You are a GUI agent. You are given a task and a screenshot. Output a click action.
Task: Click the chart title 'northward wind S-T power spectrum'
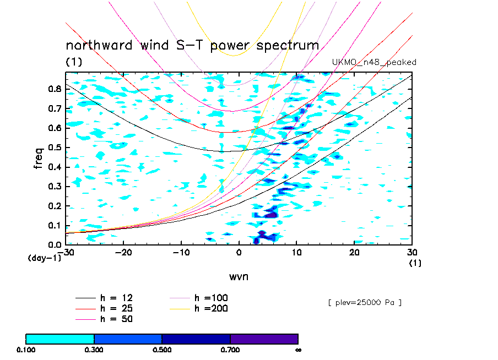(x=192, y=46)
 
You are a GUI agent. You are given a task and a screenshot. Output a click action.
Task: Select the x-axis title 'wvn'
(x=239, y=276)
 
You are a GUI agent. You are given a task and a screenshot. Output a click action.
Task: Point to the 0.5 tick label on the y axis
(x=55, y=148)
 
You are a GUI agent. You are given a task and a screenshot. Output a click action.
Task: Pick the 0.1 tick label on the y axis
(x=55, y=225)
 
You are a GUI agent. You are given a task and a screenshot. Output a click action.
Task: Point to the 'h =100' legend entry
(x=212, y=298)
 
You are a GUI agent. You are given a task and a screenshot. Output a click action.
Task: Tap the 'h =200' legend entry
(x=212, y=308)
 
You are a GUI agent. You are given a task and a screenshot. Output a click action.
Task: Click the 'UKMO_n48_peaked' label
(x=373, y=62)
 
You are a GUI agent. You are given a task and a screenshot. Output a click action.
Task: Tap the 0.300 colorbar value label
(x=94, y=350)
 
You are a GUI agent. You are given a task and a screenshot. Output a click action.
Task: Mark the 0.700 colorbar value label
(x=230, y=350)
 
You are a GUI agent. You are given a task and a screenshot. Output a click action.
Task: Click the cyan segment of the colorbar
(x=60, y=339)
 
